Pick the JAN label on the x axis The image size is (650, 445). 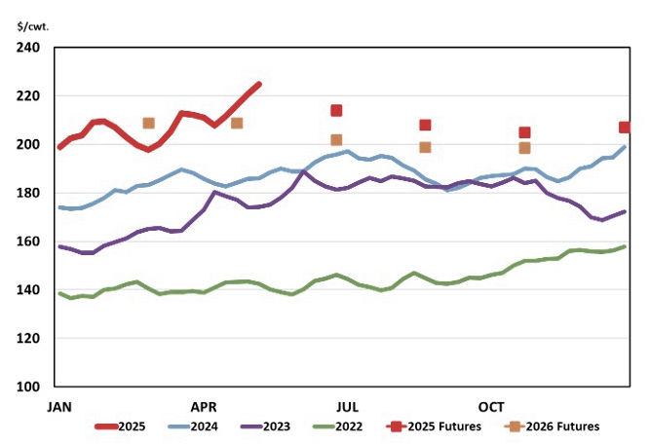point(60,406)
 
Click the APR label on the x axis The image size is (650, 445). point(205,406)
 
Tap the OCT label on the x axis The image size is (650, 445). point(491,406)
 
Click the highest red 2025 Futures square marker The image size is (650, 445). point(336,111)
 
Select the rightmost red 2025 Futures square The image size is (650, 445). point(625,128)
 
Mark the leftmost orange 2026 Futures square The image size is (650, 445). point(148,124)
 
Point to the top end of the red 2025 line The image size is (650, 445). point(259,84)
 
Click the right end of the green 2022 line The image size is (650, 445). point(625,246)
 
